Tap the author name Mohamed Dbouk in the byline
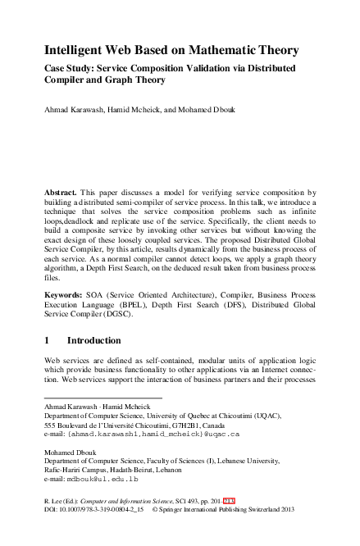click(208, 109)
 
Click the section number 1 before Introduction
click(48, 339)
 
